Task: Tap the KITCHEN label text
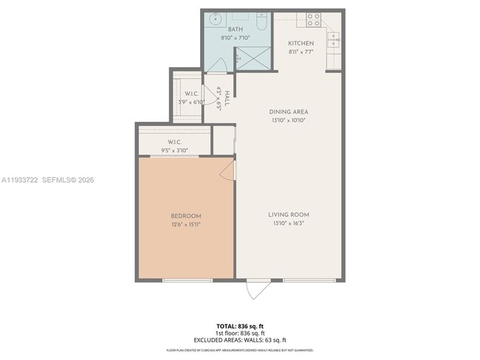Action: [x=301, y=44]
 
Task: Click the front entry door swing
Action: [x=258, y=289]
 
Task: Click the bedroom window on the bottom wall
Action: [x=188, y=280]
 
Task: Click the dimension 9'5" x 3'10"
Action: [x=175, y=150]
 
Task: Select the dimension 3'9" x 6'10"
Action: [x=191, y=102]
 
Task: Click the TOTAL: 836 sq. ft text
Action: [x=240, y=325]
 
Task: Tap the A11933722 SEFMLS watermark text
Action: [x=47, y=179]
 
